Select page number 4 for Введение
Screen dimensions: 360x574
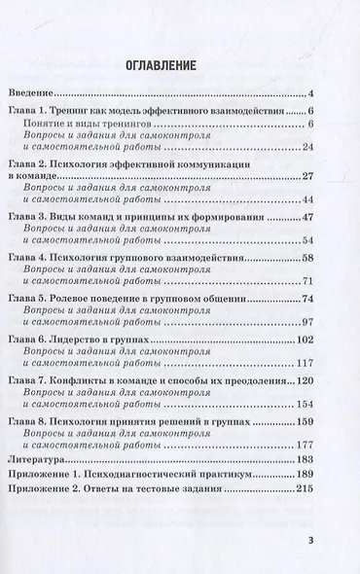[308, 94]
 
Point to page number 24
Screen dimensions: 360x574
[306, 148]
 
